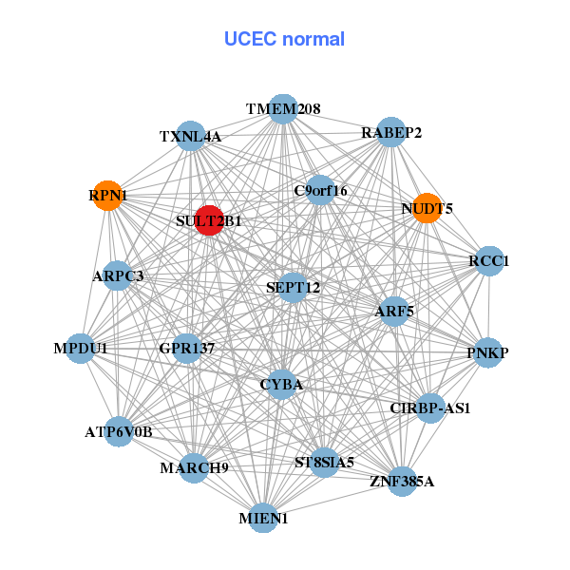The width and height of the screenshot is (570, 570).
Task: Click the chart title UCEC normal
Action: tap(284, 39)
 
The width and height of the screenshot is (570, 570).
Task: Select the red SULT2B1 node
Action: tap(209, 219)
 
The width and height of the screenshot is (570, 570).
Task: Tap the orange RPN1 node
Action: tap(108, 195)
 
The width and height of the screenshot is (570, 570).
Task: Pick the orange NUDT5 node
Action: tap(427, 209)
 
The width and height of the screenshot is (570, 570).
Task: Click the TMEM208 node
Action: tap(282, 109)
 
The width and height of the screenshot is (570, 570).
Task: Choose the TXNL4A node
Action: tap(191, 136)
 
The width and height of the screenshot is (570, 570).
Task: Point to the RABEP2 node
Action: tap(391, 133)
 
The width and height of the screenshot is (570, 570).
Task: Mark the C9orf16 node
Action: tap(321, 190)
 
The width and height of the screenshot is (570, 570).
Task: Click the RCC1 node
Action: tap(488, 261)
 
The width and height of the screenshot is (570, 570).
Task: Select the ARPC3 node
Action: tap(118, 276)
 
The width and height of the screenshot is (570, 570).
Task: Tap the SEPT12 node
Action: tap(294, 287)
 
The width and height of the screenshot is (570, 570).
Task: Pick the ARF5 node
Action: tap(394, 311)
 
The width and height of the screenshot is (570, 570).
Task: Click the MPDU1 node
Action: tap(81, 349)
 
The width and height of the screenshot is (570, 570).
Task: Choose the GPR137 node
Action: tap(186, 349)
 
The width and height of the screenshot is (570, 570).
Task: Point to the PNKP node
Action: tap(487, 353)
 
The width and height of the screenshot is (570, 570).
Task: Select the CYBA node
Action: tap(281, 385)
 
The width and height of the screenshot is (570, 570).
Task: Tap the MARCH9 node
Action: tap(194, 467)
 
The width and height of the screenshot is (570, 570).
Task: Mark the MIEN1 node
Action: tap(263, 518)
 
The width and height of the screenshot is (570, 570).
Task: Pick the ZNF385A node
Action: tap(401, 482)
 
